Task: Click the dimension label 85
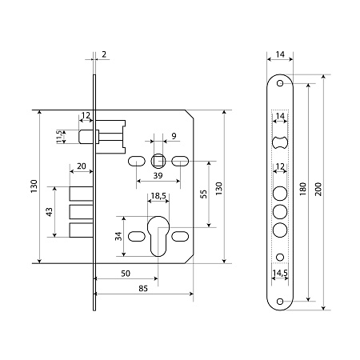coord(143,289)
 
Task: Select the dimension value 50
coord(126,274)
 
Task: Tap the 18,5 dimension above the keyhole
coord(158,196)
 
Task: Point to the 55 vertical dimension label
coord(203,194)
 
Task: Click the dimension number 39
coord(158,176)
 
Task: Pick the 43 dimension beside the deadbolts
coord(50,212)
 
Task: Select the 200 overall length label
coord(318,190)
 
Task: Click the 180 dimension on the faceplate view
coord(302,190)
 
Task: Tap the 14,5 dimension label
coord(280,273)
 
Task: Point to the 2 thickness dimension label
coord(104,54)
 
